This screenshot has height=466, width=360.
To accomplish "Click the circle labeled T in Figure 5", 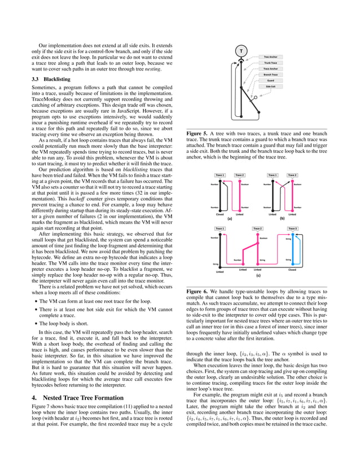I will tap(242, 51).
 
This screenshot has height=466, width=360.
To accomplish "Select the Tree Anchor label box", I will tap(270, 57).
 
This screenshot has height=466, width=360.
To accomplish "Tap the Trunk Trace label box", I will tap(270, 63).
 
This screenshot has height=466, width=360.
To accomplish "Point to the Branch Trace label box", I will tap(270, 74).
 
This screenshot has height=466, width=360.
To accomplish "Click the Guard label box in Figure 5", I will tap(270, 80).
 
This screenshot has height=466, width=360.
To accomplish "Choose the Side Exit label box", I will tap(270, 86).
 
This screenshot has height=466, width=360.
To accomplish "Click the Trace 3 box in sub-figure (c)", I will tap(292, 228).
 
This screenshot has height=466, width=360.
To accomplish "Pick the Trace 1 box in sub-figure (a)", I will tap(219, 175).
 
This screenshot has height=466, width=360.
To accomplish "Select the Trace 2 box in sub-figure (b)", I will tap(292, 175).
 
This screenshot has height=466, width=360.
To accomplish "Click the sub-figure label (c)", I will tap(257, 276).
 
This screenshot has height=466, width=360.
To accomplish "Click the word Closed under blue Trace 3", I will tap(292, 270).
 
